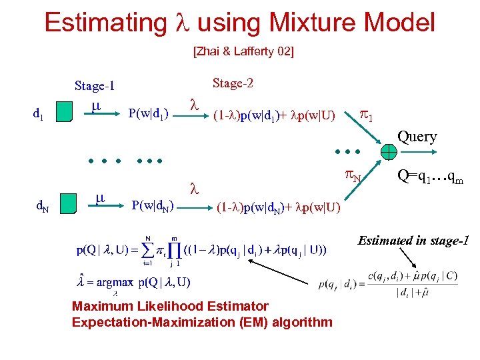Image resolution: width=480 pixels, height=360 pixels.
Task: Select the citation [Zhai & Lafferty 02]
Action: point(243,51)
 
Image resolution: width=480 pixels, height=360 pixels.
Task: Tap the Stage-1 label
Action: point(95,86)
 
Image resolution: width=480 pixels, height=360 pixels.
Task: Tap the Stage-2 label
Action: point(232,83)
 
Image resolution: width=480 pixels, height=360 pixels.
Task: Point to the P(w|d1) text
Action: point(148,111)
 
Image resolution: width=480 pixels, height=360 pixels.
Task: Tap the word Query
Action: point(417,137)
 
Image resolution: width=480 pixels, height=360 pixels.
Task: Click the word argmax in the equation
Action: point(116,282)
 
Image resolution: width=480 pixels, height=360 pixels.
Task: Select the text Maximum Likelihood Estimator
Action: point(170,307)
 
